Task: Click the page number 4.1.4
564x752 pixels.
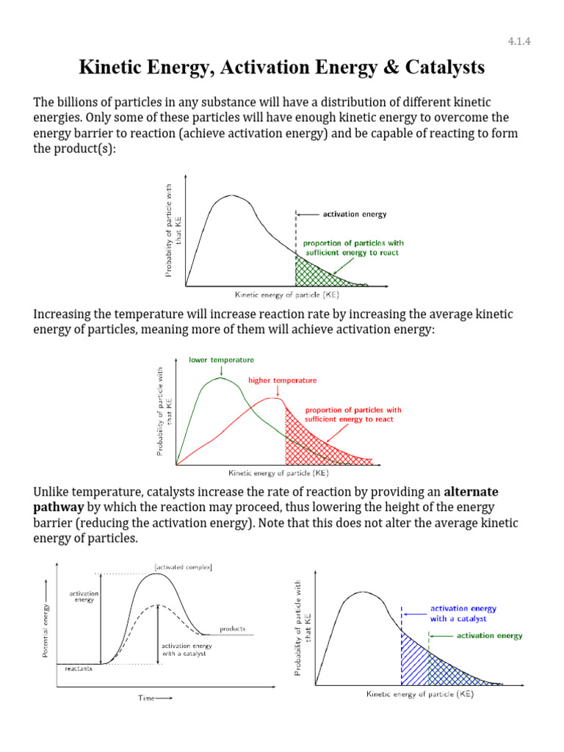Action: click(518, 41)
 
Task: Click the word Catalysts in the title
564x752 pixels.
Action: click(439, 68)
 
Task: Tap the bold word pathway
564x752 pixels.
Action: click(60, 507)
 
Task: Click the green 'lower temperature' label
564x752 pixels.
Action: click(221, 360)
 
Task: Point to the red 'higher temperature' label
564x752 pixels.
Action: click(282, 380)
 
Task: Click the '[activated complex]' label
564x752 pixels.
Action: click(184, 566)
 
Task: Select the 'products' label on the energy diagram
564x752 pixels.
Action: click(232, 629)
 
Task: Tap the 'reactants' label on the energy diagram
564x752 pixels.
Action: click(78, 669)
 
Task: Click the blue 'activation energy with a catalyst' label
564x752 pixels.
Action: click(463, 613)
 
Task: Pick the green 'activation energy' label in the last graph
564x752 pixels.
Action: click(489, 636)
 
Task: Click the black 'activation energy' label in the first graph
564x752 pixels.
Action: click(354, 214)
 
